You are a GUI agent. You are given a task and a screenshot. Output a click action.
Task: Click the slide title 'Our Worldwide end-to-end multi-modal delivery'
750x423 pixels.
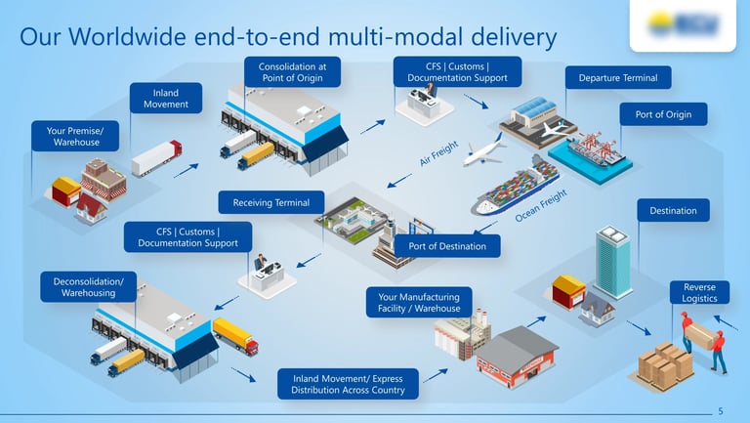click(x=288, y=37)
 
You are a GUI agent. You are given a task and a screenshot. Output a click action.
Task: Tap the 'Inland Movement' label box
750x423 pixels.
click(x=166, y=99)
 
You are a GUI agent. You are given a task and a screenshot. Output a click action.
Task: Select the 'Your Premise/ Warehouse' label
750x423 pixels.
click(x=76, y=136)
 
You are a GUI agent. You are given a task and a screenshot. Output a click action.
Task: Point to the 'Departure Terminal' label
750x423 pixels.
click(x=618, y=78)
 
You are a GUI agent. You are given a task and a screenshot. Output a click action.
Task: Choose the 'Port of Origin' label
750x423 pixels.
click(x=663, y=114)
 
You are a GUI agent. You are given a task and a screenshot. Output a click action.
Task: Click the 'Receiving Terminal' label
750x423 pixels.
click(x=271, y=203)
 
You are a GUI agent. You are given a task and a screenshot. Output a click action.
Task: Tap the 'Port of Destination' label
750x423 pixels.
click(x=446, y=245)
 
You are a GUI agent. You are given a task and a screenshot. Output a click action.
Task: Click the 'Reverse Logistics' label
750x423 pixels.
click(x=699, y=292)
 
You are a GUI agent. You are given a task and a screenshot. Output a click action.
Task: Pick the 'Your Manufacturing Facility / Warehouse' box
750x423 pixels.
click(x=419, y=302)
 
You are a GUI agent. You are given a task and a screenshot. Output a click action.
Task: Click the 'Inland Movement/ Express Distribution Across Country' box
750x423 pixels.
click(x=348, y=383)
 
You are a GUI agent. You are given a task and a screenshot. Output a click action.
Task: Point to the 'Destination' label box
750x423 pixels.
click(x=673, y=210)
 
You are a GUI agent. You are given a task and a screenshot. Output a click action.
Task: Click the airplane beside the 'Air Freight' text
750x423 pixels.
click(x=482, y=153)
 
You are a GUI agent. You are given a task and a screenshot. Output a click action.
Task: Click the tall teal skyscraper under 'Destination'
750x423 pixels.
click(x=613, y=261)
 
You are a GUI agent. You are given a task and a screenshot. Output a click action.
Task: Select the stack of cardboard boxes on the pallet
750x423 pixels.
click(x=665, y=364)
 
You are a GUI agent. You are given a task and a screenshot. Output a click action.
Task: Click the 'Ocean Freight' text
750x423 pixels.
click(x=541, y=206)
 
